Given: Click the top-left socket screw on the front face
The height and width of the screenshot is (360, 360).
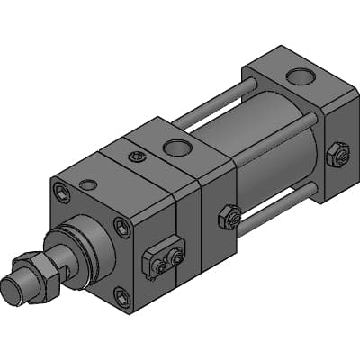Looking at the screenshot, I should (59, 191).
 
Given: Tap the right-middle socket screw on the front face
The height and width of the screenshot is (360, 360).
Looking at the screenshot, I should (121, 227).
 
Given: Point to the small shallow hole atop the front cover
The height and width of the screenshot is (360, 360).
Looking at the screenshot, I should (88, 184).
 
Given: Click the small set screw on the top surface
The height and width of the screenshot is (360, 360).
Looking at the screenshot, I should (136, 157).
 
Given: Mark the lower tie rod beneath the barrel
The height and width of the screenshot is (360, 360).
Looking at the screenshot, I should (279, 203).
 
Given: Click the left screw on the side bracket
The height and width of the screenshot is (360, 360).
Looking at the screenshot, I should (159, 265).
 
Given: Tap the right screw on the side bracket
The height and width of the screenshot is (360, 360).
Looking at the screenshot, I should (176, 258).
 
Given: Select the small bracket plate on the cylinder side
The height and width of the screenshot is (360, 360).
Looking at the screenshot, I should (166, 254).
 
